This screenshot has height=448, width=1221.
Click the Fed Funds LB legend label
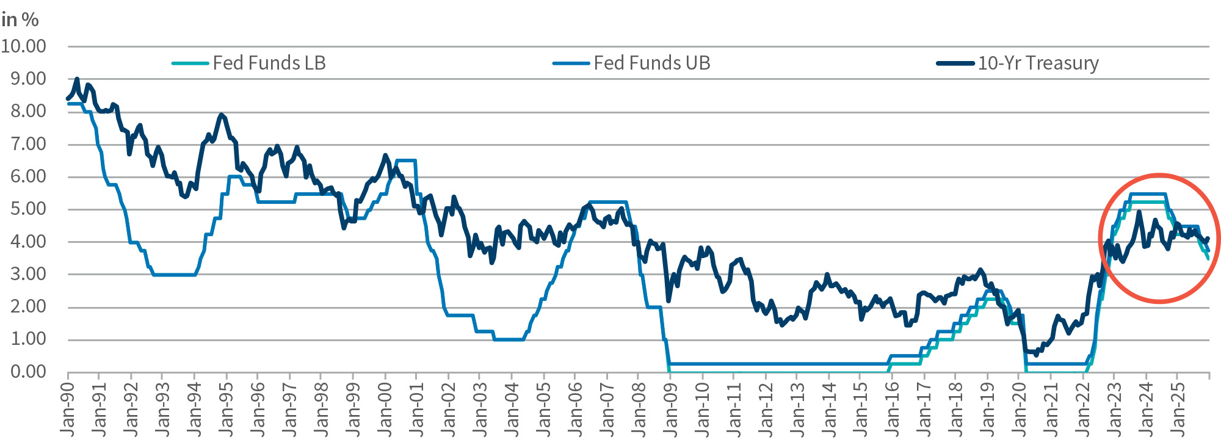269,63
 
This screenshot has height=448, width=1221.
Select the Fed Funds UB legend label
651,63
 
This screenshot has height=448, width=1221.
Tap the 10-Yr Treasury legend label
1038,63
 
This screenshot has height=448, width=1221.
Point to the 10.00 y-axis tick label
24,46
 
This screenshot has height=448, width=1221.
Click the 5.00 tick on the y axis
28,209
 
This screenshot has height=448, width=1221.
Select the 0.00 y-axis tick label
28,371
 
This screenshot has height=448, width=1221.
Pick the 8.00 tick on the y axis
28,111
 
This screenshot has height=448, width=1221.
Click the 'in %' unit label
20,20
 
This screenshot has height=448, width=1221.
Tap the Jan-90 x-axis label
68,410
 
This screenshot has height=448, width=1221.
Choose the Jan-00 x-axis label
385,410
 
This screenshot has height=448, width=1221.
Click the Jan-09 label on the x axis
670,410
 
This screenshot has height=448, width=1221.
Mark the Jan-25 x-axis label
1178,410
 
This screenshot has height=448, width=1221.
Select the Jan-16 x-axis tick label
892,410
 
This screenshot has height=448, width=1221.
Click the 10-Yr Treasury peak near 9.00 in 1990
77,79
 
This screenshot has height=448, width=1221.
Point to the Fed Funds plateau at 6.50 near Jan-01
406,161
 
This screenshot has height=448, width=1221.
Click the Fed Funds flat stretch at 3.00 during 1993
174,275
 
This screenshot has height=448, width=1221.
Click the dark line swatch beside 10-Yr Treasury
955,63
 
